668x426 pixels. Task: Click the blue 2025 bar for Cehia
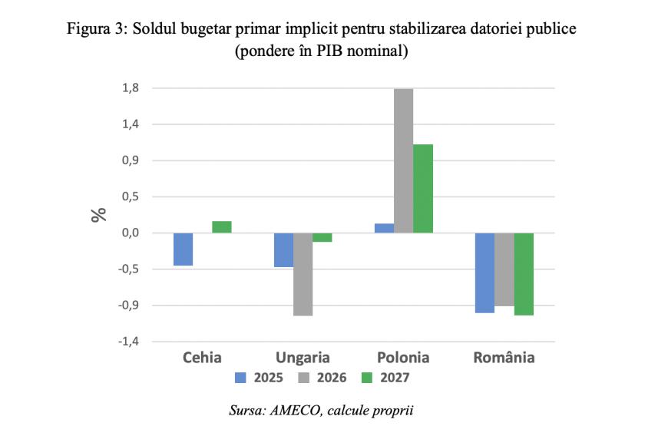pyautogui.click(x=183, y=249)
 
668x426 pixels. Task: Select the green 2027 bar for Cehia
pyautogui.click(x=222, y=227)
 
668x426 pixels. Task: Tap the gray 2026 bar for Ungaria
pyautogui.click(x=303, y=274)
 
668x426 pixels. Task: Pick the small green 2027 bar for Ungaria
pyautogui.click(x=322, y=237)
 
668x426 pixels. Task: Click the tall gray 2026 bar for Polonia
pyautogui.click(x=403, y=160)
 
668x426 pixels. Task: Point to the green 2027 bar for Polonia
pyautogui.click(x=423, y=188)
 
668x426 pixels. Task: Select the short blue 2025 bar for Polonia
pyautogui.click(x=384, y=228)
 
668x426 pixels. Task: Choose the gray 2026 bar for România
pyautogui.click(x=504, y=269)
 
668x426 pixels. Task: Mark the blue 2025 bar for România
pyautogui.click(x=484, y=272)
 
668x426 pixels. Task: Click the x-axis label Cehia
pyautogui.click(x=202, y=358)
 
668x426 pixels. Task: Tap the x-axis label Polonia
pyautogui.click(x=403, y=358)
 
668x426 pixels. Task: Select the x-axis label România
pyautogui.click(x=504, y=358)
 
